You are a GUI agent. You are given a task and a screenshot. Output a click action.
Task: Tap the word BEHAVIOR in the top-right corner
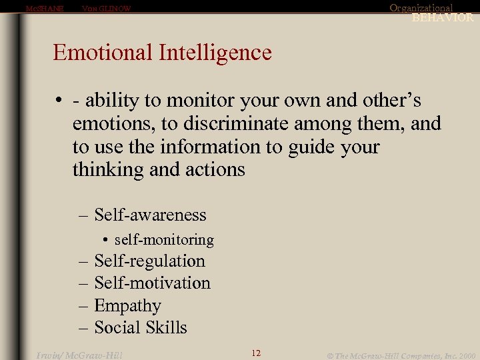pyautogui.click(x=442, y=18)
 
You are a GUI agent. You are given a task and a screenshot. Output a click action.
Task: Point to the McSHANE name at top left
pyautogui.click(x=44, y=9)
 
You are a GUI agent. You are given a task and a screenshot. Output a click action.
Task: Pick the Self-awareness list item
pyautogui.click(x=150, y=215)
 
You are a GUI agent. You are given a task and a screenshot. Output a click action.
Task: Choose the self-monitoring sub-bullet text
pyautogui.click(x=164, y=239)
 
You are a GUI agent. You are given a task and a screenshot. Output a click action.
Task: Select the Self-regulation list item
pyautogui.click(x=149, y=261)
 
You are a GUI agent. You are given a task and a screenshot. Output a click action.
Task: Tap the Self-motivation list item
pyautogui.click(x=152, y=283)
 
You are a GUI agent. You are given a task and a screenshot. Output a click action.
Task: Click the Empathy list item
pyautogui.click(x=127, y=306)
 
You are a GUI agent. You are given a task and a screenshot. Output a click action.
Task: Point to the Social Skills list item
pyautogui.click(x=140, y=328)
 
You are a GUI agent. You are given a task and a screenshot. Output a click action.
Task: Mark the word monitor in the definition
pyautogui.click(x=197, y=101)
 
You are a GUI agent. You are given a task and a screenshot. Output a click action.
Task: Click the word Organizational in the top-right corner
pyautogui.click(x=421, y=8)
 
